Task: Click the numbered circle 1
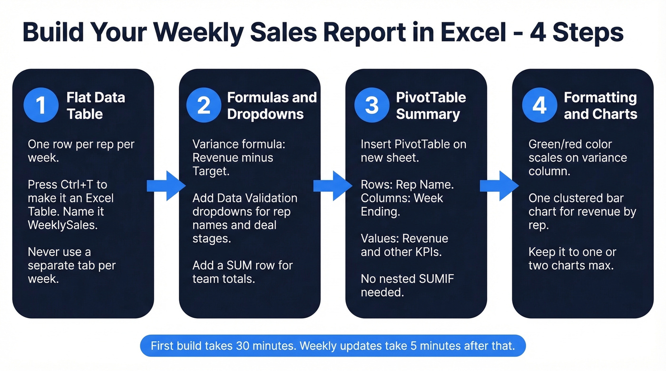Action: pos(41,105)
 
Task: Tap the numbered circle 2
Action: pos(204,105)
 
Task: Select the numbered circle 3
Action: pos(371,105)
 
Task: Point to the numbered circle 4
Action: pos(539,105)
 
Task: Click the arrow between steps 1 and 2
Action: pos(166,186)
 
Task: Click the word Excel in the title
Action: pos(471,33)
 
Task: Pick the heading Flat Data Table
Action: pos(95,105)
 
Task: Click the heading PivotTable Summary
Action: pos(431,105)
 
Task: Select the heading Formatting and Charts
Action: pos(600,105)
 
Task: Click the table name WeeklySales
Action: pos(62,225)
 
